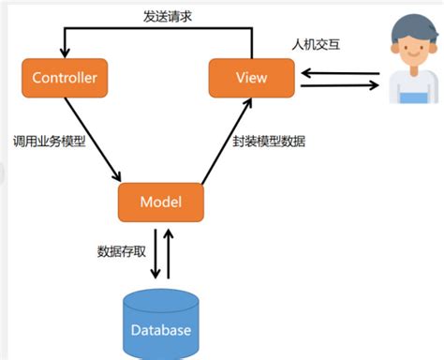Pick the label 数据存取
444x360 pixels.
click(x=119, y=251)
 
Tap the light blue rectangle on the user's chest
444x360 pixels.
click(x=413, y=97)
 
